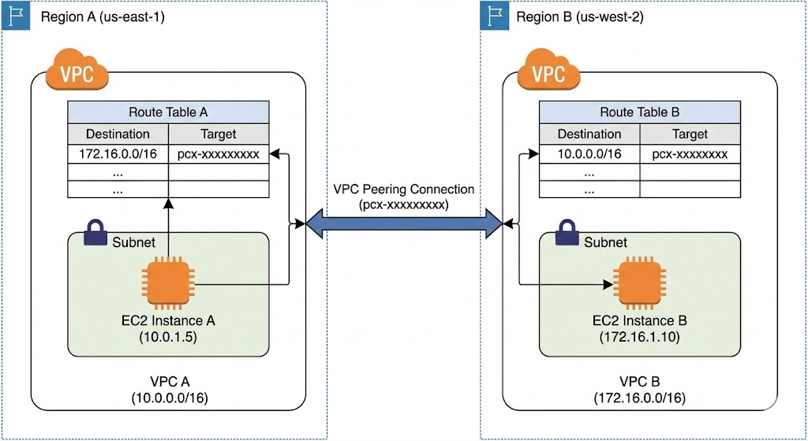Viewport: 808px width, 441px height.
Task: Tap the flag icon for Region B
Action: coord(495,16)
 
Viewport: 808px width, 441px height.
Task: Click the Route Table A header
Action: coord(168,112)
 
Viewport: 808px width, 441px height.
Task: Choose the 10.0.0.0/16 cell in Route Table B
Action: coord(589,154)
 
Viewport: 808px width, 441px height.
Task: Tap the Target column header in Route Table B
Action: coord(690,133)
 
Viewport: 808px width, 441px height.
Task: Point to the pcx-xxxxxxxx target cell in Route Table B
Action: coord(690,154)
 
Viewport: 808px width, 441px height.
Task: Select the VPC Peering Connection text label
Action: coord(403,189)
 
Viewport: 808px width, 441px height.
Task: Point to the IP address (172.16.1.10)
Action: coord(640,337)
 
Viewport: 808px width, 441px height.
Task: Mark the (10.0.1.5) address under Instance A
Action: coord(166,337)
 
